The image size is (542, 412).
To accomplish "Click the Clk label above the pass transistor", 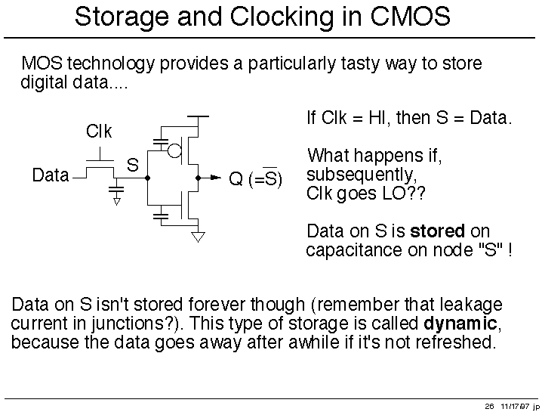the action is click(x=99, y=132).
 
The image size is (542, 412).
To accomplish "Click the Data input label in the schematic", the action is click(x=51, y=175).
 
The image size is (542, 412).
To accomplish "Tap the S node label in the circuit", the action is click(x=133, y=165).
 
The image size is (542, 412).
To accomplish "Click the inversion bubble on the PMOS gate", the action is click(x=174, y=150).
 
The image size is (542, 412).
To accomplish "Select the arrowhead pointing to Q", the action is click(x=216, y=178).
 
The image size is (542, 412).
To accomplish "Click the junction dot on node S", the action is click(x=148, y=178).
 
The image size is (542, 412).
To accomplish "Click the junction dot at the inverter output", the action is click(x=198, y=178).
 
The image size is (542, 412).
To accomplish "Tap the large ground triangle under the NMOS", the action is click(x=198, y=237).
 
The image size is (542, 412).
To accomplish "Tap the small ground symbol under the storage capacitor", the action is click(x=116, y=202).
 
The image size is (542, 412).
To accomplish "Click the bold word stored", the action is click(x=437, y=231).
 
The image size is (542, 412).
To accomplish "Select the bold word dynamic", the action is click(x=460, y=324).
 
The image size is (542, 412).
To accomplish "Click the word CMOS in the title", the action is click(x=411, y=16).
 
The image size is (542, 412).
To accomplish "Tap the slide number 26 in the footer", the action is click(x=489, y=406).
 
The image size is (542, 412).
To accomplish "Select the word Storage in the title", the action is click(x=122, y=17).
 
